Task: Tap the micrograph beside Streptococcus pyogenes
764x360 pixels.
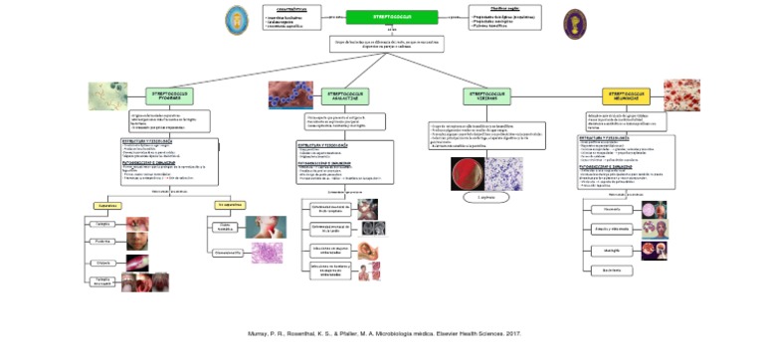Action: tap(107, 95)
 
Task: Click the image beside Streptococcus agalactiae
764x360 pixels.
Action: tap(289, 95)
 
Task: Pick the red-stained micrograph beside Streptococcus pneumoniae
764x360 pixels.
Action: tap(681, 94)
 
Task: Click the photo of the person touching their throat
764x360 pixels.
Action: tap(266, 226)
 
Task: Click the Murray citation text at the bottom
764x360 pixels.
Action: tap(383, 333)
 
